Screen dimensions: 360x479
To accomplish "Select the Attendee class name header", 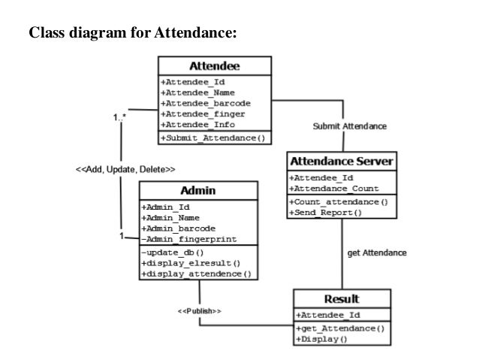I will click(x=214, y=66).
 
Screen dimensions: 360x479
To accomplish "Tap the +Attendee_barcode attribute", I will click(x=205, y=103).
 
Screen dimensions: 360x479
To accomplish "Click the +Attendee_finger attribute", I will click(x=202, y=113).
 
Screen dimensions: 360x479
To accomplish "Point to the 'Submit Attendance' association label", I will click(x=350, y=126).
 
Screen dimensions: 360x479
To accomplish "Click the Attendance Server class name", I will click(x=341, y=162).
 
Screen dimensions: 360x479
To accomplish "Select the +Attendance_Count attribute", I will click(x=335, y=189).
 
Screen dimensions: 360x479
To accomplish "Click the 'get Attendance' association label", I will click(x=377, y=253).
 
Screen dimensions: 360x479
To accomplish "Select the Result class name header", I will click(x=341, y=298).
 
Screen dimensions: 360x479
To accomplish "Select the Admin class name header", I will click(x=198, y=191).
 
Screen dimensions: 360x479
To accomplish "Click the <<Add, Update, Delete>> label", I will click(x=125, y=169).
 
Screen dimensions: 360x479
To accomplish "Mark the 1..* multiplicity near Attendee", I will click(x=119, y=117).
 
